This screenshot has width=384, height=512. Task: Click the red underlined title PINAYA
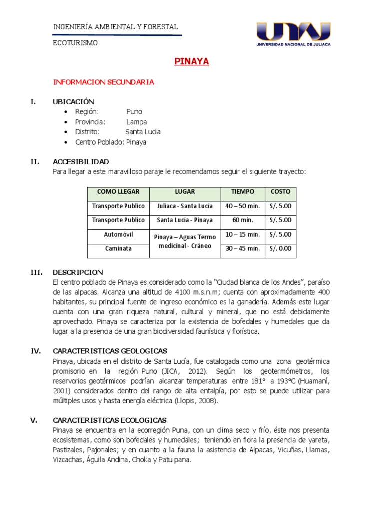pyautogui.click(x=191, y=62)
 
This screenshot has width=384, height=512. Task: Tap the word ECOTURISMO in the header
pyautogui.click(x=75, y=43)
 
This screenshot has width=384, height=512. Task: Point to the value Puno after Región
pyautogui.click(x=134, y=112)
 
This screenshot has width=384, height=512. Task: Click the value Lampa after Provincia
pyautogui.click(x=136, y=122)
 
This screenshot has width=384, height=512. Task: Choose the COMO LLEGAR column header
pyautogui.click(x=118, y=192)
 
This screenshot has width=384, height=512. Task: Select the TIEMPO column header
pyautogui.click(x=242, y=192)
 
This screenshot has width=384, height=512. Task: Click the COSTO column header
pyautogui.click(x=280, y=192)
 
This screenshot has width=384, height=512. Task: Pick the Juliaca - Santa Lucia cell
pyautogui.click(x=185, y=206)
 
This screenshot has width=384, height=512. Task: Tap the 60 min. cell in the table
pyautogui.click(x=242, y=220)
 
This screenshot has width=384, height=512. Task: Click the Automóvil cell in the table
pyautogui.click(x=118, y=234)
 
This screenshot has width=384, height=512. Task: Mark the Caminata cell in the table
pyautogui.click(x=118, y=248)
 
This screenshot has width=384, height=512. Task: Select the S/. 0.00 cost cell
pyautogui.click(x=280, y=248)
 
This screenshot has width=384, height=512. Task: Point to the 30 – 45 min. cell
pyautogui.click(x=242, y=248)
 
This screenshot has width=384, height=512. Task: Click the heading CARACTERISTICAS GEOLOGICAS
pyautogui.click(x=110, y=351)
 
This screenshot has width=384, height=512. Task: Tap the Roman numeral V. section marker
pyautogui.click(x=34, y=420)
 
